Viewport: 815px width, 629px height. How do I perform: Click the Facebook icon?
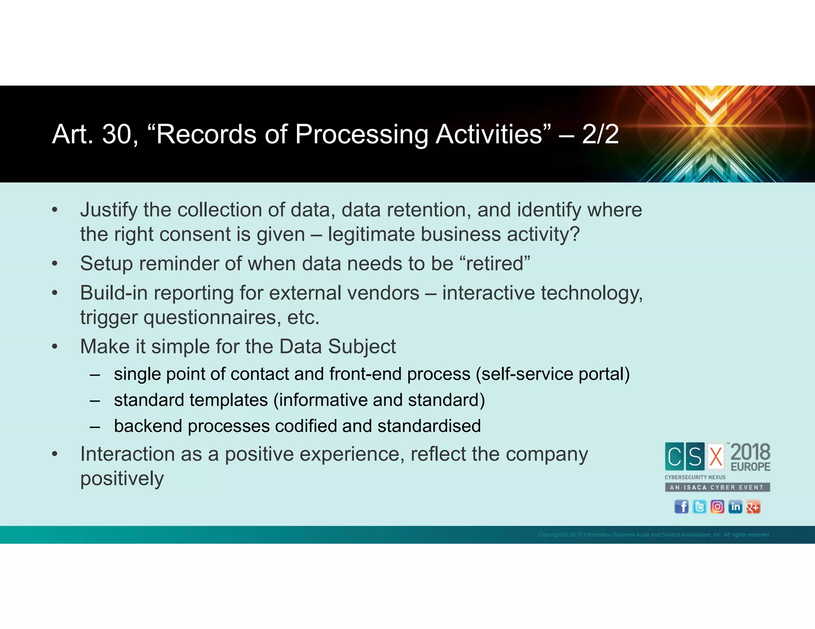(681, 507)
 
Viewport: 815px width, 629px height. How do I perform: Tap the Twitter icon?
(699, 507)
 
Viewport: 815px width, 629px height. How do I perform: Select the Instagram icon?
(717, 507)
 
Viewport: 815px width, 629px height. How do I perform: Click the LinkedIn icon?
(735, 507)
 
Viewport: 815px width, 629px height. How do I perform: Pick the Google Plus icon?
(753, 507)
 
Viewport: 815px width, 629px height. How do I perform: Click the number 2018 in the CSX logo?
(751, 452)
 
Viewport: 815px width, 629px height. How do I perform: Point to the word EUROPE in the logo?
(751, 467)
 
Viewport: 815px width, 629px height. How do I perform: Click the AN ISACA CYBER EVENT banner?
(717, 487)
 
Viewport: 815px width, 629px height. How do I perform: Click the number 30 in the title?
(117, 134)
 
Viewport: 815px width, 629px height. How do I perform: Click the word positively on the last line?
(122, 478)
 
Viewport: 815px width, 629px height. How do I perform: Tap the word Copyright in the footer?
(550, 535)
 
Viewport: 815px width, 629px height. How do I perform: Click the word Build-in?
(114, 293)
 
